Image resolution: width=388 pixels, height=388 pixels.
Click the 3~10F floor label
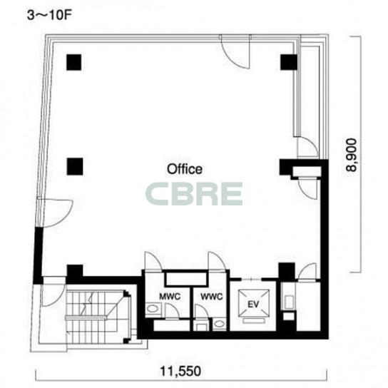pyautogui.click(x=49, y=16)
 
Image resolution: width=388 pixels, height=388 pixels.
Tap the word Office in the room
pyautogui.click(x=185, y=169)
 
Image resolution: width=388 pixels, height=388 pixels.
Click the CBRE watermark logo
pyautogui.click(x=194, y=194)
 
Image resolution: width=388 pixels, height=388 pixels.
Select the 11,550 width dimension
pyautogui.click(x=180, y=371)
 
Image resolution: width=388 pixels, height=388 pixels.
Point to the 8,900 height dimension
pyautogui.click(x=352, y=155)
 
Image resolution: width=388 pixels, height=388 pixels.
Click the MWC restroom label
pyautogui.click(x=170, y=296)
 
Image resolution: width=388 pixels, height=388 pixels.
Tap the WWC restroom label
pyautogui.click(x=212, y=296)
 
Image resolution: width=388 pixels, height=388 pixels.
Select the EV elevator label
pyautogui.click(x=253, y=304)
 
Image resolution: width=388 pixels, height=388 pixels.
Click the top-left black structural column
pyautogui.click(x=73, y=62)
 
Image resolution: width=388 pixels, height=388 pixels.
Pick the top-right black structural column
pyautogui.click(x=289, y=62)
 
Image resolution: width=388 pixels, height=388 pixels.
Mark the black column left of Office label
pyautogui.click(x=75, y=166)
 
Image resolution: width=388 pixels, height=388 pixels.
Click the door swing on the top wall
pyautogui.click(x=235, y=51)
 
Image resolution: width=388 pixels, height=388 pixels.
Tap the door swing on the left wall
pyautogui.click(x=56, y=213)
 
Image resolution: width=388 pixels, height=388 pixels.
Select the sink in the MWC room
pyautogui.click(x=153, y=309)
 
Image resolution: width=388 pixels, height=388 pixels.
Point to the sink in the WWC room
pyautogui.click(x=219, y=323)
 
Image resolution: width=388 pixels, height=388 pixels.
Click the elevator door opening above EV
pyautogui.click(x=251, y=280)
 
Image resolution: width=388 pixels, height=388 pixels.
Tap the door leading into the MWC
pyautogui.click(x=153, y=261)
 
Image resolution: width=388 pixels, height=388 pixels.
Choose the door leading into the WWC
pyautogui.click(x=217, y=261)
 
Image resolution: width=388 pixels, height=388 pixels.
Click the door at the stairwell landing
pyautogui.click(x=53, y=295)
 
